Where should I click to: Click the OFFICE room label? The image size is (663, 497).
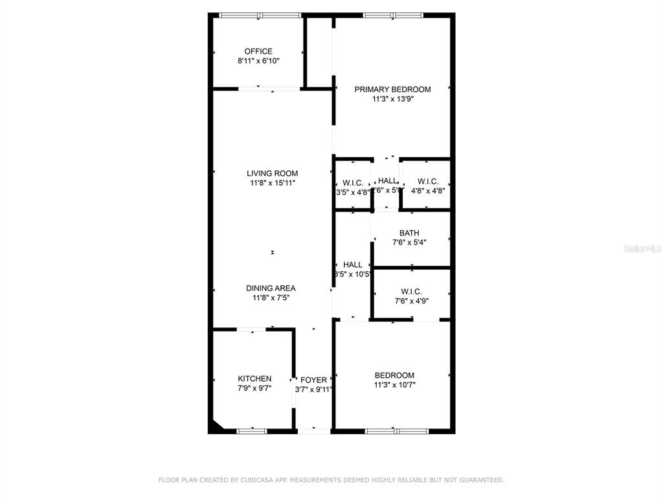[x=258, y=51]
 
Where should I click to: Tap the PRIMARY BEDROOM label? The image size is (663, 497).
[x=392, y=89]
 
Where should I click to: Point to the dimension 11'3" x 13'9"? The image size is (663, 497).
[x=392, y=99]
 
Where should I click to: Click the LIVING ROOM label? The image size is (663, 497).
[x=272, y=173]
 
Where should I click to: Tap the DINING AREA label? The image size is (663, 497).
[x=271, y=288]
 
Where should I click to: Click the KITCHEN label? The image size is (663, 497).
[x=254, y=379]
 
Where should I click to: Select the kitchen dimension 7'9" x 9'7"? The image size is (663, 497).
[x=254, y=388]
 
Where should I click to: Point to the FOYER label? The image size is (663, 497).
[x=313, y=380]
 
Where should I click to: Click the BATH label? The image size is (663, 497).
[x=409, y=233]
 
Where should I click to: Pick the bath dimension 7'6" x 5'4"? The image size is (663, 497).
[x=409, y=242]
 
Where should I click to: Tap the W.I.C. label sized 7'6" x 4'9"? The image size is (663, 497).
[x=412, y=291]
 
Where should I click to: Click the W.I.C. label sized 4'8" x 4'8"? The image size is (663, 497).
[x=428, y=181]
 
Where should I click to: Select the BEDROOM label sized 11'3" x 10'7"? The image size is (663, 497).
[x=394, y=375]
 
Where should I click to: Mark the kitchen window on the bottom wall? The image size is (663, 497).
[x=252, y=430]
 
